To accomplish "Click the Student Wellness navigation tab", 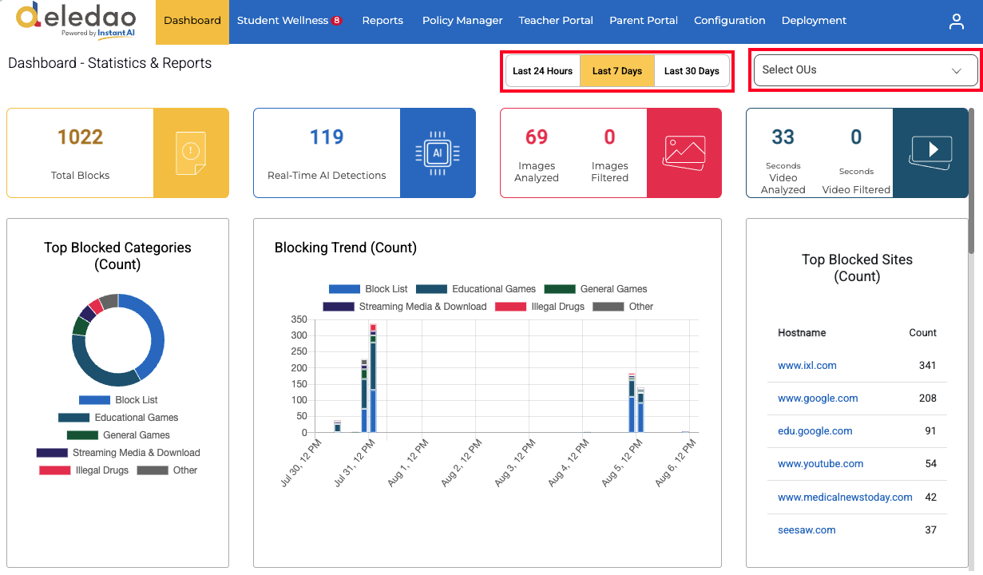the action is pos(289,21).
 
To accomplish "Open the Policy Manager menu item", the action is pos(462,21).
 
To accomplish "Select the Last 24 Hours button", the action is pos(542,70).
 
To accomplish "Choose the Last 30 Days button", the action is pos(692,70).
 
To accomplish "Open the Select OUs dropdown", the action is pos(866,70).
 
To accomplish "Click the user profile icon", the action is pos(956,22).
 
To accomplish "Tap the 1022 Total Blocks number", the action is pos(80,137).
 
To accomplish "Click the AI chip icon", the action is pos(438,153).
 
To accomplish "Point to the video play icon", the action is pos(931,153).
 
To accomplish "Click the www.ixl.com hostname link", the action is pos(807,365).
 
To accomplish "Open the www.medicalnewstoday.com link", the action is pos(845,497).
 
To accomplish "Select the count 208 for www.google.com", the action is pos(927,399).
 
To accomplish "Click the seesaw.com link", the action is pos(807,529).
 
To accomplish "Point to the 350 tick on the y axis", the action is pos(299,319).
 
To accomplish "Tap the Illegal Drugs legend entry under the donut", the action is pos(84,470).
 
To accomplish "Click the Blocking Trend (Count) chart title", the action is pos(345,248).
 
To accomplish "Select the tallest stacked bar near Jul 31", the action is pos(373,378).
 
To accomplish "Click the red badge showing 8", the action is pos(337,20).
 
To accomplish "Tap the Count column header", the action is pos(922,333).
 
